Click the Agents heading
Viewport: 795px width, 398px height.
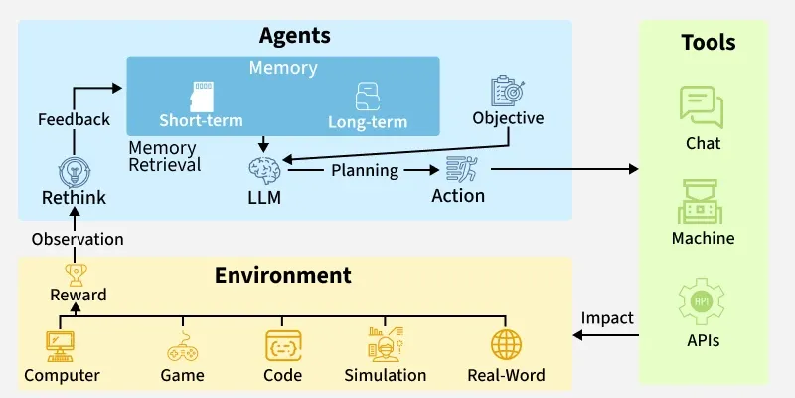tap(295, 37)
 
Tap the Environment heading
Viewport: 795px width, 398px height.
tap(283, 275)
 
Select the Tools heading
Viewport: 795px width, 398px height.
tap(708, 43)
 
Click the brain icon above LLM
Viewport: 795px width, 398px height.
tap(264, 169)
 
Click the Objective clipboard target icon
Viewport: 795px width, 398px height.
tap(509, 91)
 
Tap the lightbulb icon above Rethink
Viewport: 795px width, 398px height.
tap(74, 170)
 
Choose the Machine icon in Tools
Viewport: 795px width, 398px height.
tap(703, 202)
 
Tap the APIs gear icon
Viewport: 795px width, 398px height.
tap(703, 303)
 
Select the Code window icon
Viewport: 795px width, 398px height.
tap(282, 345)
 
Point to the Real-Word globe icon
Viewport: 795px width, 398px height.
tap(506, 345)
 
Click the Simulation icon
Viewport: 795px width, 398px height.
tap(385, 344)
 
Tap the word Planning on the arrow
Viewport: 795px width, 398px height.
tap(364, 170)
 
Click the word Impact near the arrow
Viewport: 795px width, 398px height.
tap(607, 318)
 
